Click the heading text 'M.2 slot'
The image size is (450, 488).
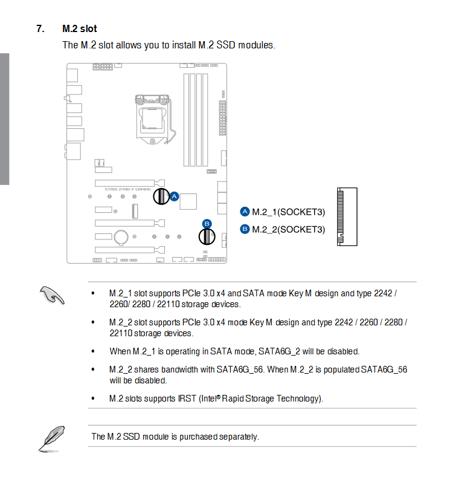coord(79,28)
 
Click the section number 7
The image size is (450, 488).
coord(40,28)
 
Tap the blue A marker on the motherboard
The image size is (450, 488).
coord(174,196)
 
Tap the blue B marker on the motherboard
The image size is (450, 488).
coord(207,223)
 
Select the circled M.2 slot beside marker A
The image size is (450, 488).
coord(161,196)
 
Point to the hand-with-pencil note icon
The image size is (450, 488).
coord(52,295)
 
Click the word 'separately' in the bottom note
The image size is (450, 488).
coord(239,437)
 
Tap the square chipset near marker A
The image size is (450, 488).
coord(190,201)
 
